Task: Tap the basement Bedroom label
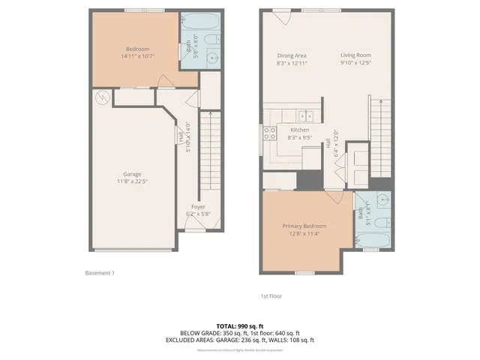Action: click(x=137, y=49)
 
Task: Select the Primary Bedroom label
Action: click(x=304, y=226)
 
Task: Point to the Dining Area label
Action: click(x=292, y=55)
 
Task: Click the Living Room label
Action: click(x=356, y=55)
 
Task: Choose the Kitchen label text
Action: click(x=300, y=130)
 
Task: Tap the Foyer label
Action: click(x=198, y=206)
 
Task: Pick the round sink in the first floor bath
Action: click(x=382, y=201)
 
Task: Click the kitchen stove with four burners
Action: click(x=269, y=134)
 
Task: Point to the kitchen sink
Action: click(x=304, y=115)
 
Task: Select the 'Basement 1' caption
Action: click(x=100, y=273)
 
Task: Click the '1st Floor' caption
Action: click(x=271, y=295)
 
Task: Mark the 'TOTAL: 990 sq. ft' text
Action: click(x=239, y=326)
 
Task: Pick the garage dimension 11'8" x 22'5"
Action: click(x=132, y=181)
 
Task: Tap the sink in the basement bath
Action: click(x=211, y=56)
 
